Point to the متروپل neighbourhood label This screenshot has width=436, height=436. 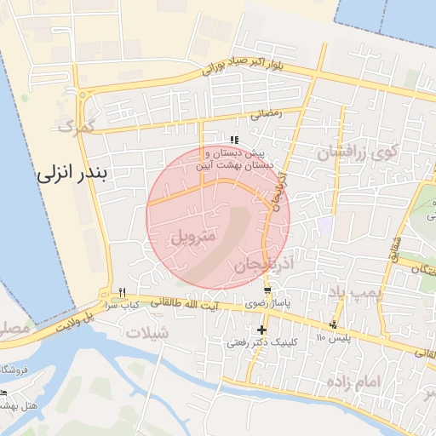(195, 234)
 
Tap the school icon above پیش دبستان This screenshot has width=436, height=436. (235, 140)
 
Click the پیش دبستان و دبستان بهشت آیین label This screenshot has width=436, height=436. (238, 158)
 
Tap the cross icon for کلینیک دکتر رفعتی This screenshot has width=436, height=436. (261, 330)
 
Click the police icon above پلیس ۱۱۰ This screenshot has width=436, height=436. (333, 324)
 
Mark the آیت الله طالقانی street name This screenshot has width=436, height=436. (185, 304)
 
